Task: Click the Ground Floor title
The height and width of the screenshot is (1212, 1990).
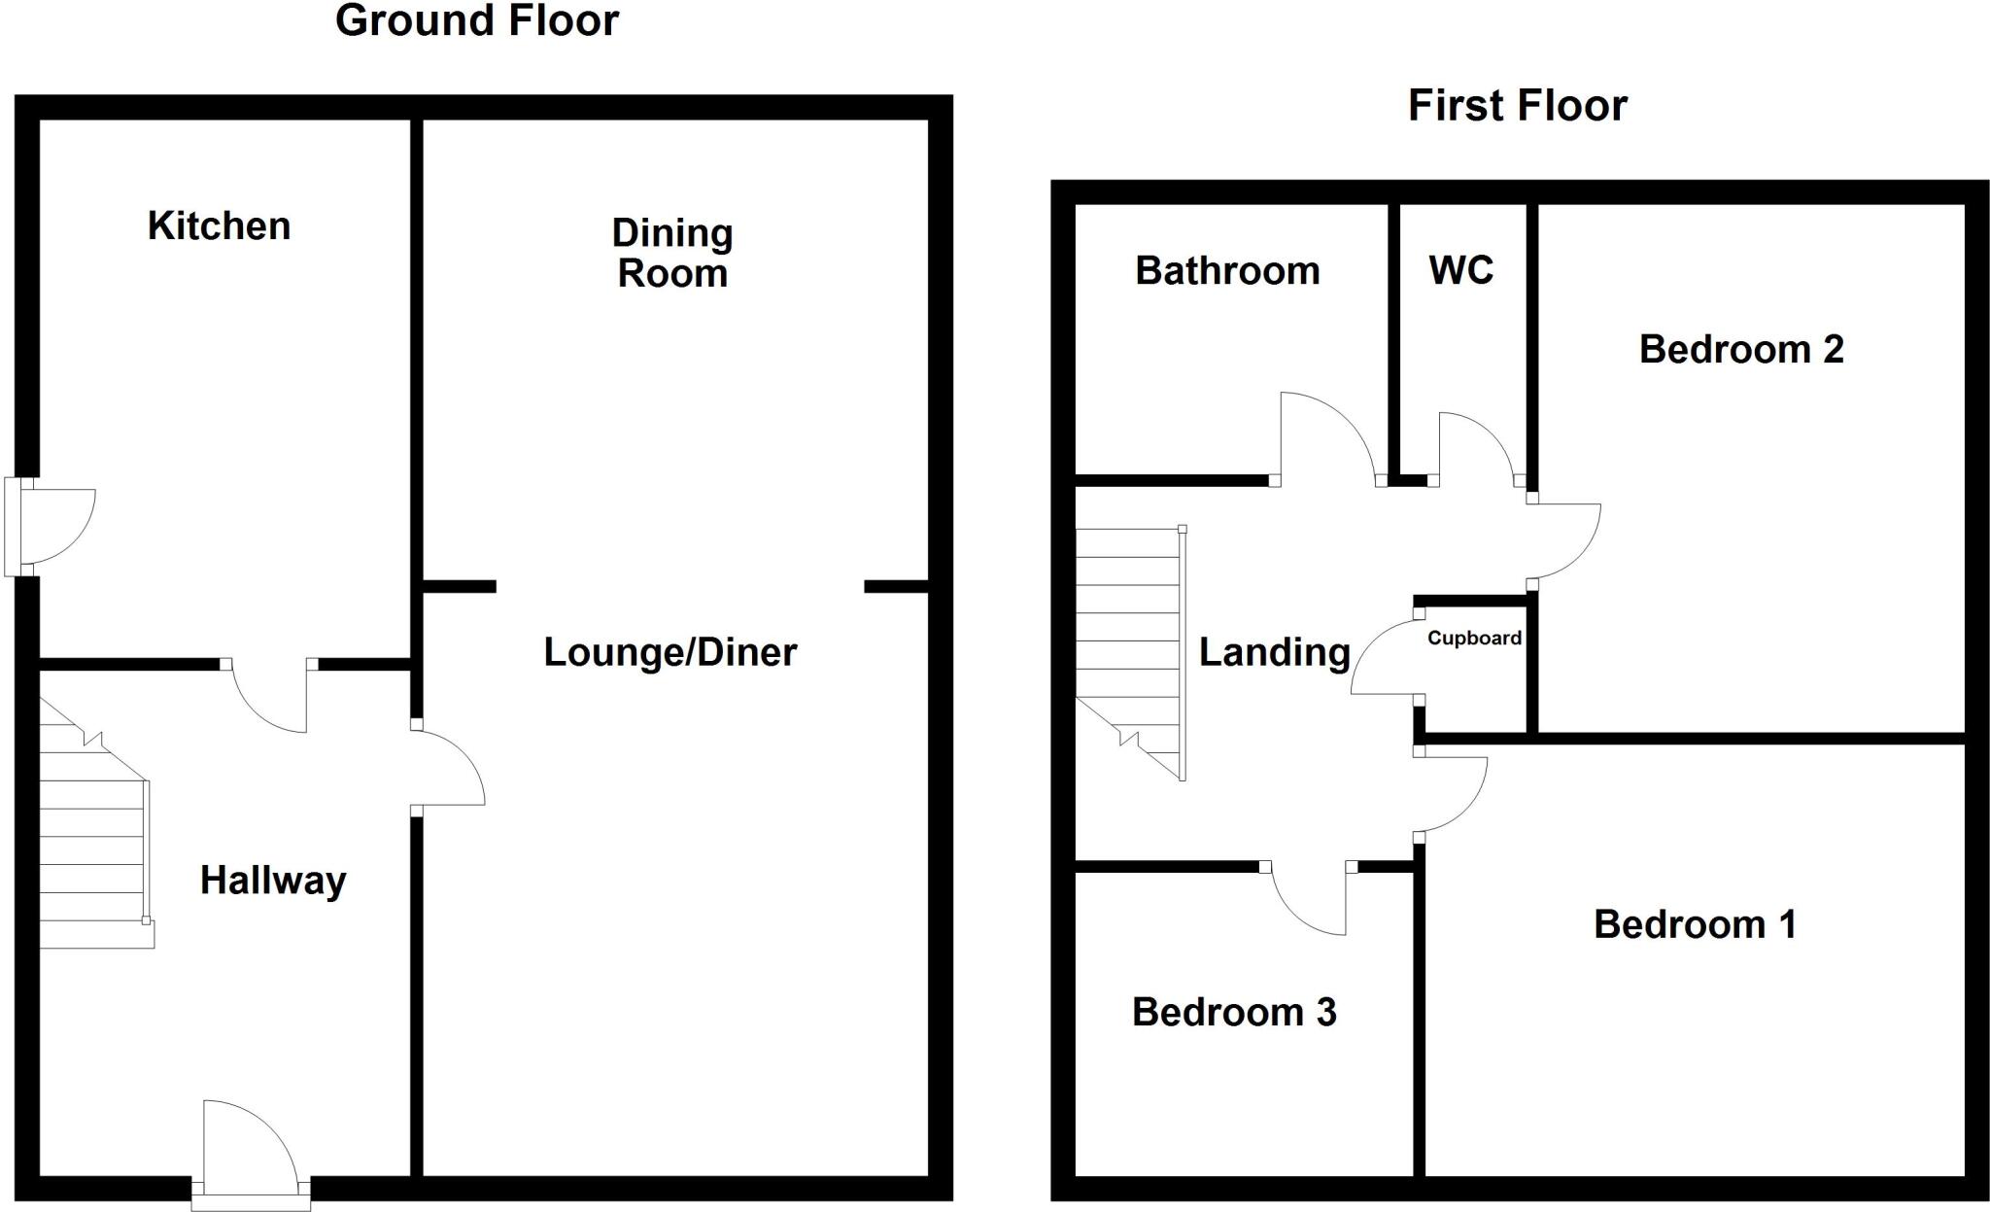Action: click(476, 21)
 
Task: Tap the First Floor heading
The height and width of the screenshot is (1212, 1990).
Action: click(1517, 106)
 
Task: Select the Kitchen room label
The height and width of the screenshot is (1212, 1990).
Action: click(219, 226)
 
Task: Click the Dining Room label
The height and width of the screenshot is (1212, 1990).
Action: click(672, 254)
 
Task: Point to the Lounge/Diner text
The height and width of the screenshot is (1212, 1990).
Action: click(669, 652)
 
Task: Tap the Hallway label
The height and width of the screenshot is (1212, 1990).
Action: click(273, 881)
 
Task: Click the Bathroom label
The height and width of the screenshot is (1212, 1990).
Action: click(1227, 271)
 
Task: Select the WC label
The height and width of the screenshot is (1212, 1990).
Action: click(1460, 271)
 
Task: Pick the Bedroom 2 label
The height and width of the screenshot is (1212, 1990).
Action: click(1741, 350)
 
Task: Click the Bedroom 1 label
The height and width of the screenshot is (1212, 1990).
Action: click(1695, 924)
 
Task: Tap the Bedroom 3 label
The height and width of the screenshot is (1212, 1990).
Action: click(1234, 1013)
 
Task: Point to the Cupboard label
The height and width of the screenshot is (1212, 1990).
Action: click(1474, 639)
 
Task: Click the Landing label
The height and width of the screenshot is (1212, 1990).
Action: click(1274, 652)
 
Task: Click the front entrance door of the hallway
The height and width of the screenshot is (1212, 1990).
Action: click(250, 1147)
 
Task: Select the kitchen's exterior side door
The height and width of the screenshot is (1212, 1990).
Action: click(53, 527)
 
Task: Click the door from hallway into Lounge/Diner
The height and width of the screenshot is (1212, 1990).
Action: click(447, 766)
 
